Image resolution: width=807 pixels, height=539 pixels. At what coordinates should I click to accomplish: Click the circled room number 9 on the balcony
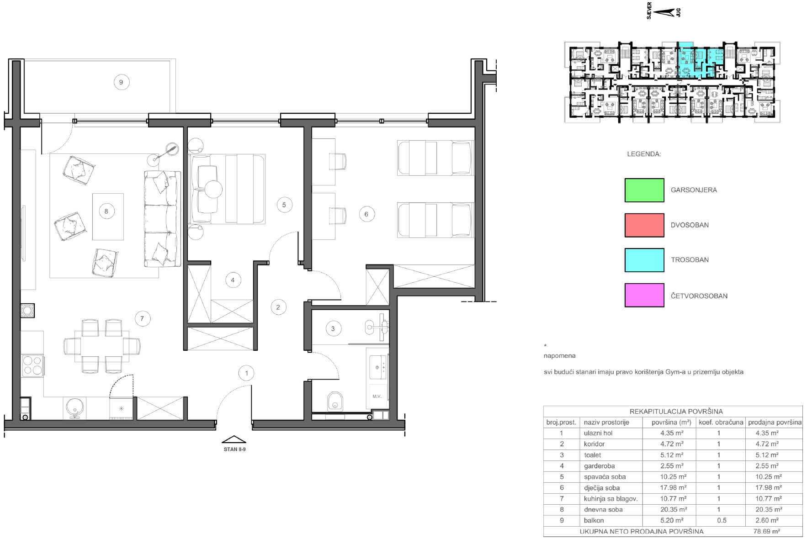click(x=122, y=82)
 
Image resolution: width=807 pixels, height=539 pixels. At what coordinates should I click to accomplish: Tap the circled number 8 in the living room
click(x=107, y=211)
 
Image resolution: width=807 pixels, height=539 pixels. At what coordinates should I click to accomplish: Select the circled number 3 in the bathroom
click(x=333, y=328)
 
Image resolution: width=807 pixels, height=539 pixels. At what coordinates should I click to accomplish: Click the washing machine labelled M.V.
click(x=377, y=396)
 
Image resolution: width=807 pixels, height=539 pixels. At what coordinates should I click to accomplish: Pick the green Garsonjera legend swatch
click(x=644, y=190)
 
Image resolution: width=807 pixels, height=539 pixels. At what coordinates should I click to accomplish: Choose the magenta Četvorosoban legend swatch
click(x=644, y=295)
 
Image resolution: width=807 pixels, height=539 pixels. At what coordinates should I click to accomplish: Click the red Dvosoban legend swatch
click(x=644, y=225)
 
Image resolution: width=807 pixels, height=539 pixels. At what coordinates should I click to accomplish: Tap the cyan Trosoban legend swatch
click(x=644, y=260)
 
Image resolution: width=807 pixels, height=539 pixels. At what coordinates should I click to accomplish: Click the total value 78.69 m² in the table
click(x=767, y=531)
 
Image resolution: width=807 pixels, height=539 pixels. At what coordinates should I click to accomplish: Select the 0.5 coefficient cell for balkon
click(x=722, y=520)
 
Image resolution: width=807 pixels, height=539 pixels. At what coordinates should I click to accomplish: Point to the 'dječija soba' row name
click(x=602, y=488)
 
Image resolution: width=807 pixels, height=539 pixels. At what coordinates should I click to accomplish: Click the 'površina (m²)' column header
click(x=671, y=423)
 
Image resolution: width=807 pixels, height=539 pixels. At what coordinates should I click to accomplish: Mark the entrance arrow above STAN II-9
click(x=234, y=439)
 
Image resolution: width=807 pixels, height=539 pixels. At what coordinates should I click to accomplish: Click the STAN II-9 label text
click(x=234, y=449)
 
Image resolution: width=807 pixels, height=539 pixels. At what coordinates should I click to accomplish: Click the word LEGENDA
click(x=644, y=154)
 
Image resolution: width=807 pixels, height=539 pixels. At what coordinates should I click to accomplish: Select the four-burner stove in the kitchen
click(x=32, y=366)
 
